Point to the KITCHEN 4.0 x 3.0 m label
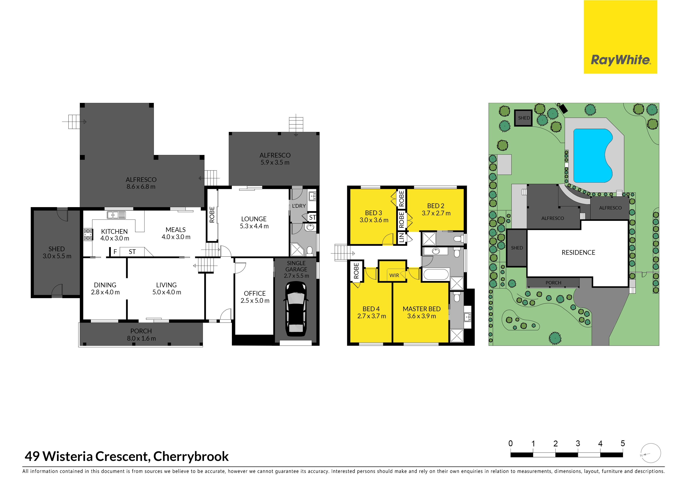(x=115, y=235)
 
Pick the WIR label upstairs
(x=394, y=275)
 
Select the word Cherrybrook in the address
(x=191, y=456)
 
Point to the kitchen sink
(x=116, y=215)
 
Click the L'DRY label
(x=299, y=206)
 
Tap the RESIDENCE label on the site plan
(x=578, y=252)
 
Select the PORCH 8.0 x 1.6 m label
(x=141, y=335)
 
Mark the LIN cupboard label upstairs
(x=401, y=238)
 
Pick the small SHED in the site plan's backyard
(x=524, y=118)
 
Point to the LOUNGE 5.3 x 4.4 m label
(x=254, y=222)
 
